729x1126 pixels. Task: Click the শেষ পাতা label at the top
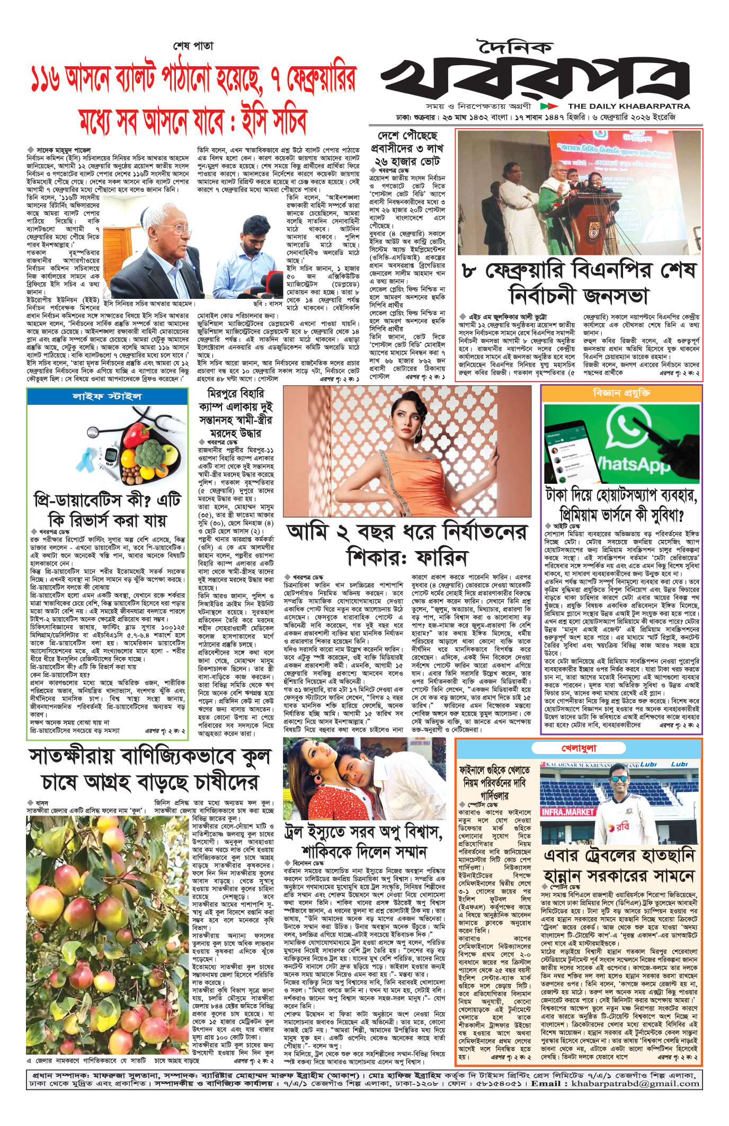(x=193, y=46)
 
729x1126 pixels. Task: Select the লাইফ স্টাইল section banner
(x=107, y=396)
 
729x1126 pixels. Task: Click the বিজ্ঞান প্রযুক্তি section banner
(x=621, y=393)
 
